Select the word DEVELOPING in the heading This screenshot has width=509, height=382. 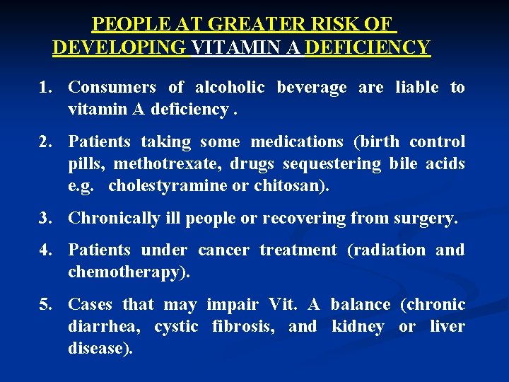coord(119,47)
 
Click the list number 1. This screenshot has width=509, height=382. coord(46,88)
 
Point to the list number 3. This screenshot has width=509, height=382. coord(46,219)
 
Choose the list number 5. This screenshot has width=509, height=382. coord(46,305)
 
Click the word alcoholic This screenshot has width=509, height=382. coord(230,88)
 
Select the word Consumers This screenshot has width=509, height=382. coord(112,88)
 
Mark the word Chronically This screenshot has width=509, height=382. coord(113,219)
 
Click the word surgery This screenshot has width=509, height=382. coord(426,219)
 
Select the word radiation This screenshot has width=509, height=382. coord(386,250)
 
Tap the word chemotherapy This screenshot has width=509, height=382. coord(125,272)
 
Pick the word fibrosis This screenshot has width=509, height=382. coord(241,327)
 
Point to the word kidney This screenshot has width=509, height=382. coord(358,327)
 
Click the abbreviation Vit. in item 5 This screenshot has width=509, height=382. coord(283,305)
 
